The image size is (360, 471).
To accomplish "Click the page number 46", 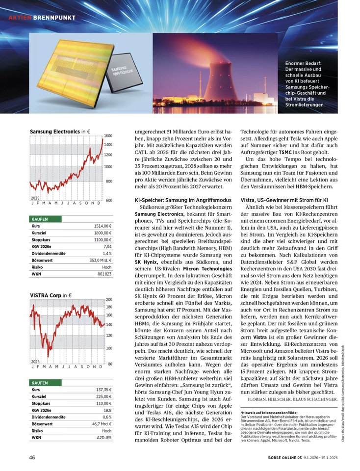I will (31, 458).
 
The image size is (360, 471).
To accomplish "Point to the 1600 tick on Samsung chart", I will (108, 136).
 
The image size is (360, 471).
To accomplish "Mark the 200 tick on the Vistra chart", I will (109, 299).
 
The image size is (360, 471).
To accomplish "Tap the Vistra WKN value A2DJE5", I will (104, 437).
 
